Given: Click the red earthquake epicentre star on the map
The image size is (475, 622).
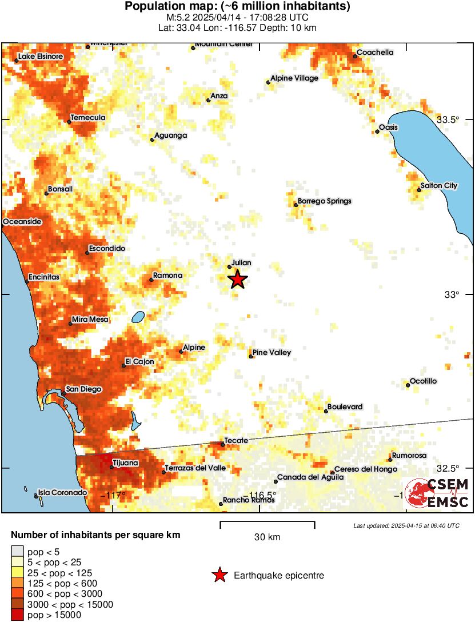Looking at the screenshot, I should [x=238, y=280].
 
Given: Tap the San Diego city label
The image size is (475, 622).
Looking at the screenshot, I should [x=83, y=389].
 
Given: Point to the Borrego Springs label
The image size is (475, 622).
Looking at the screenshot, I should [x=325, y=201].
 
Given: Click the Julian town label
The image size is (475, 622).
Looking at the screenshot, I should [x=241, y=262].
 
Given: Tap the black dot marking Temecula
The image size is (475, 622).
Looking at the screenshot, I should [x=69, y=122].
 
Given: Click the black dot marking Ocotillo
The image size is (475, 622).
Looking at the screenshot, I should [x=408, y=385].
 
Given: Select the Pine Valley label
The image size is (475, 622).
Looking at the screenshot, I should [x=272, y=353].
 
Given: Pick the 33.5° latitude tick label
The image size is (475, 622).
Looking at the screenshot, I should [x=448, y=119].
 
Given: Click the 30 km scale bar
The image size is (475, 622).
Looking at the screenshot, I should [x=268, y=522].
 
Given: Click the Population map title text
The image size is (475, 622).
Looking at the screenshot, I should [x=237, y=7].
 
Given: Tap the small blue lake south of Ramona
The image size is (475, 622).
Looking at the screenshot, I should [x=137, y=317].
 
